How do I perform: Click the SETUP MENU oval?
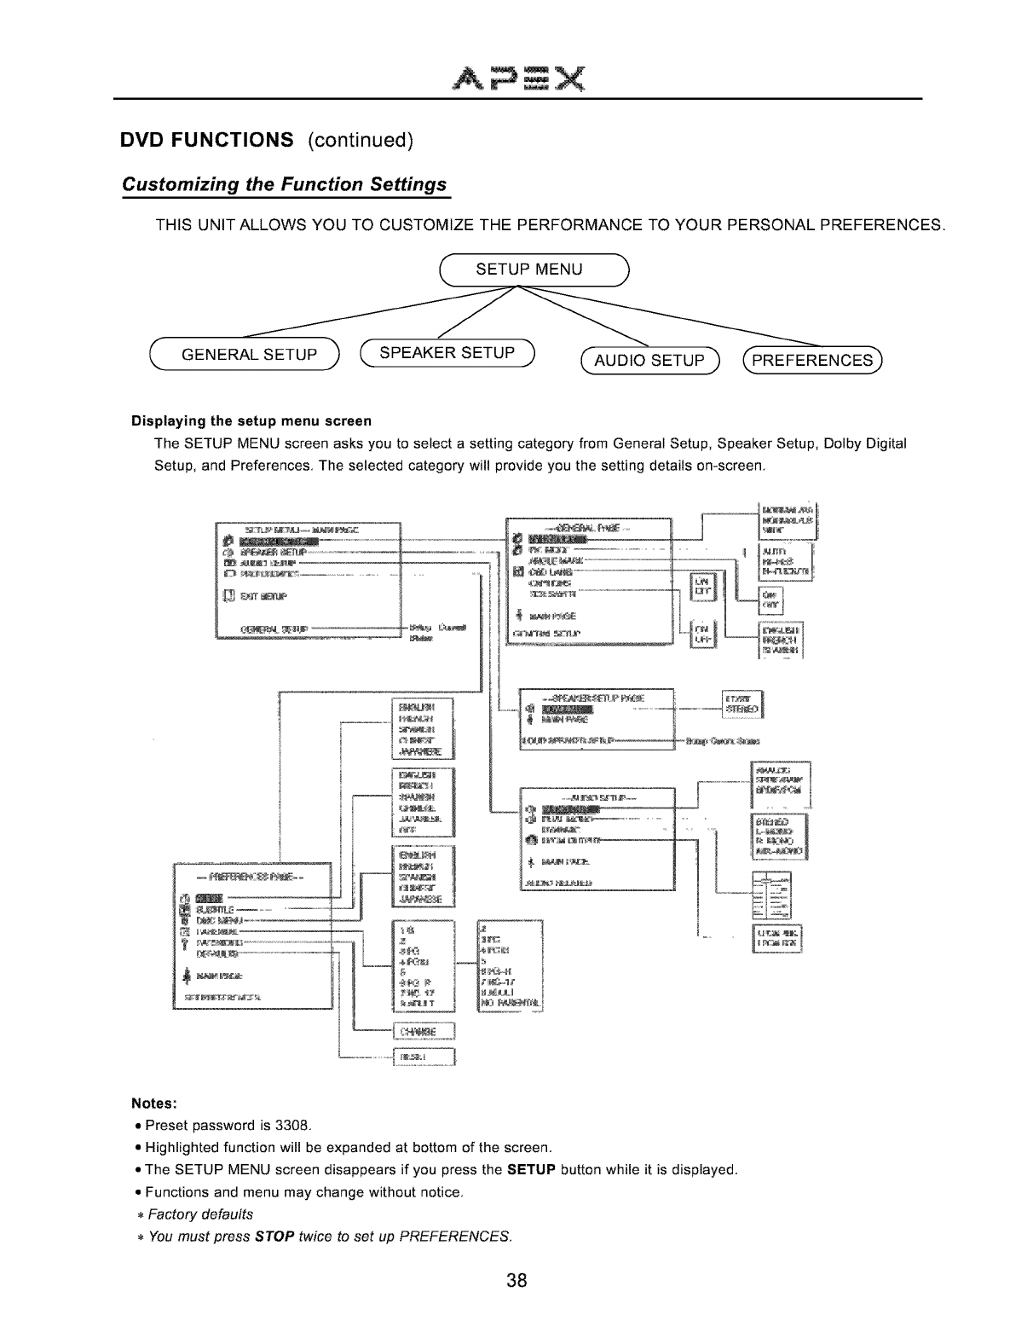[528, 269]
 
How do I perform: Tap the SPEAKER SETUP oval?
[447, 353]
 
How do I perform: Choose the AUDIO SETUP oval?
[649, 361]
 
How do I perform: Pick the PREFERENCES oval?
[814, 360]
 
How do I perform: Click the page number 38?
[516, 1280]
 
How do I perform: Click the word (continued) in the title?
[358, 140]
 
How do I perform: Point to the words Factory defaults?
[200, 1214]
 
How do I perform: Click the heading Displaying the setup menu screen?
[251, 421]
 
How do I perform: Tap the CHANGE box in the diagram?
[424, 1031]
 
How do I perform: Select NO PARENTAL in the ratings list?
[511, 1002]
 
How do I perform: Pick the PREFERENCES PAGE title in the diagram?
[251, 877]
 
